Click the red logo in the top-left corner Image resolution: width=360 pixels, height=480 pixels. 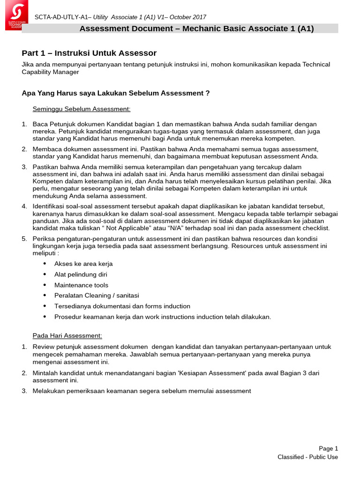click(16, 15)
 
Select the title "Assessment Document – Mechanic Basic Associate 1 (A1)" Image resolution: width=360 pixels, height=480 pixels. click(196, 29)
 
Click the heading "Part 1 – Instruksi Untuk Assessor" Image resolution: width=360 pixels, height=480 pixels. click(89, 53)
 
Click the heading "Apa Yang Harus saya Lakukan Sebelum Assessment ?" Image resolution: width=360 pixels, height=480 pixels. click(116, 93)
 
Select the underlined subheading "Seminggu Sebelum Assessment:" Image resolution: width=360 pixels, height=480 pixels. click(81, 109)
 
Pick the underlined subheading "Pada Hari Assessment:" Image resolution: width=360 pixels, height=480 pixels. click(67, 336)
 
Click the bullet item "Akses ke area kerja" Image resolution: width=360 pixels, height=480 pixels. click(83, 264)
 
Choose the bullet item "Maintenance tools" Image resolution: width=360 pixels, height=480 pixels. click(81, 285)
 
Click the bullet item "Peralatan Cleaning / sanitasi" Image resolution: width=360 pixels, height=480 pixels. click(97, 295)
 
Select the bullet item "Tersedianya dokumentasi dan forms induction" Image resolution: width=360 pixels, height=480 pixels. click(122, 306)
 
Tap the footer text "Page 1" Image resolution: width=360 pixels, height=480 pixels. click(328, 448)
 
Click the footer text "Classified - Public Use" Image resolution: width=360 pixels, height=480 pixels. click(307, 457)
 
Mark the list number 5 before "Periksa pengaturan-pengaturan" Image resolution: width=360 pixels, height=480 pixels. click(24, 239)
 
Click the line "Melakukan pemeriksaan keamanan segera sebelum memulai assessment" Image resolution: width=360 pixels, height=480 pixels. click(142, 390)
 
